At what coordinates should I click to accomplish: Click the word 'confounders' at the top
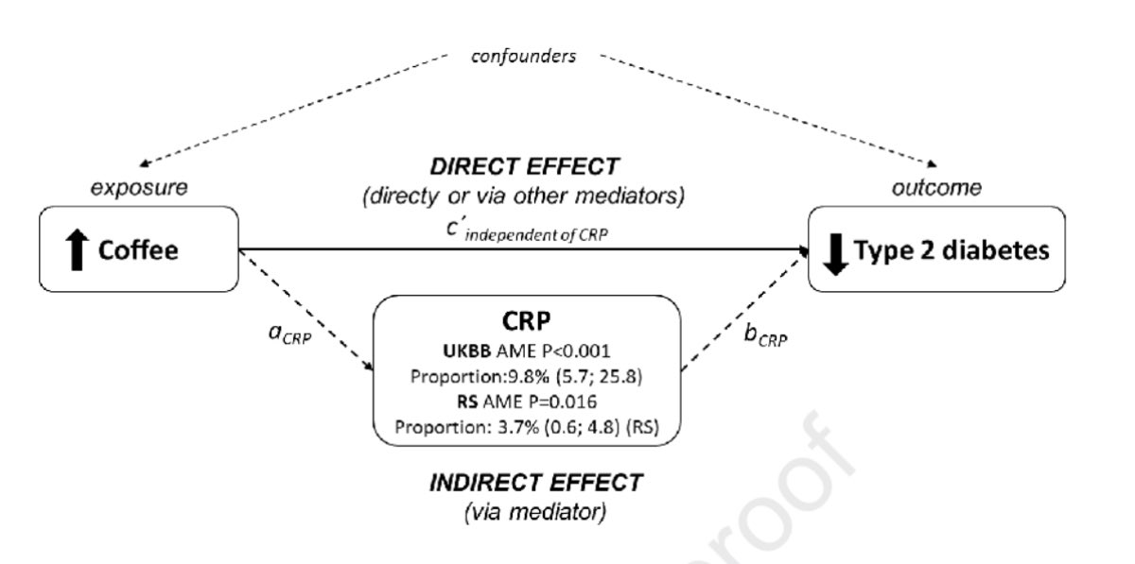[x=523, y=56]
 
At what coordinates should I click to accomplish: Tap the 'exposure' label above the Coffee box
[x=139, y=188]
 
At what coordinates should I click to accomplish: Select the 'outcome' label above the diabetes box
[x=936, y=188]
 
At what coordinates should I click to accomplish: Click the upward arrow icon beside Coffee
[x=77, y=249]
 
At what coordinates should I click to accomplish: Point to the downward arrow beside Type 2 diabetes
[x=835, y=254]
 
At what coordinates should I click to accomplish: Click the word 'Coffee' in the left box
[x=138, y=250]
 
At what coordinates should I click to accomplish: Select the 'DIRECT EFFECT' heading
[x=524, y=166]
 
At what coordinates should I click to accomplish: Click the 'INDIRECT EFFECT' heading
[x=536, y=483]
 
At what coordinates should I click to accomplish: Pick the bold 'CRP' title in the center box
[x=527, y=320]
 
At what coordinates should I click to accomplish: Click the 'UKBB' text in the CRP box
[x=466, y=350]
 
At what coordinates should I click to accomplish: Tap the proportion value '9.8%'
[x=529, y=377]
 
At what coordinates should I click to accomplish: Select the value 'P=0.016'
[x=563, y=402]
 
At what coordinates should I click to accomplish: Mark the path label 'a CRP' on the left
[x=289, y=334]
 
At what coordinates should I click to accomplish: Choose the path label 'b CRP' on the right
[x=765, y=335]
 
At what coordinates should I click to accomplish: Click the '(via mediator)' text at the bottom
[x=535, y=512]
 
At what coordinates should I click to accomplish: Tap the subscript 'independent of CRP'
[x=536, y=235]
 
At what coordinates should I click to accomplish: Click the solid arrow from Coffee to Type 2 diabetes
[x=524, y=249]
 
